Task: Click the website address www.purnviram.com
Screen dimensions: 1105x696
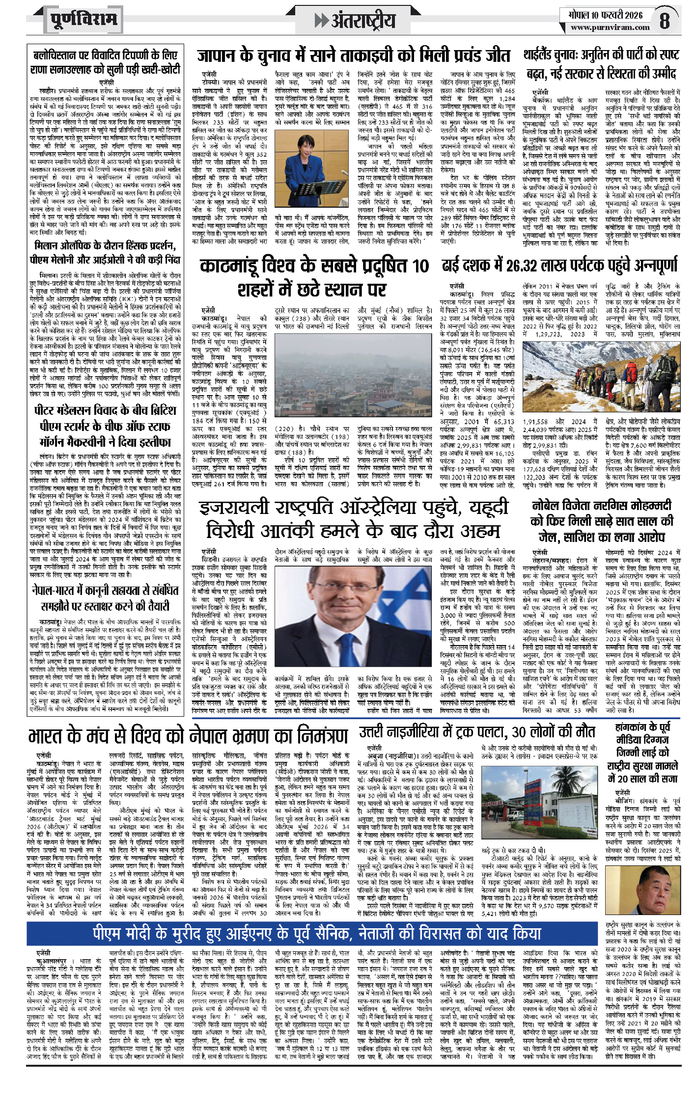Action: (610, 28)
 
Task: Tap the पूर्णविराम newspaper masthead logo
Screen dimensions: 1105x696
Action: (84, 20)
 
